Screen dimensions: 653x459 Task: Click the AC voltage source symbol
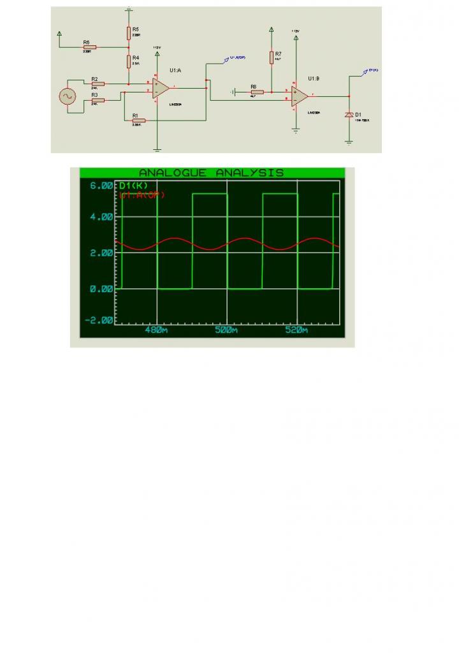pyautogui.click(x=67, y=96)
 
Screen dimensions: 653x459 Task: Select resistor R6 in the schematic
pyautogui.click(x=89, y=47)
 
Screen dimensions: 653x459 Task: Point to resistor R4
pyautogui.click(x=129, y=61)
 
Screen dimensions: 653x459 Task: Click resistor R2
pyautogui.click(x=98, y=84)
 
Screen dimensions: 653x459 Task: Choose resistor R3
pyautogui.click(x=98, y=99)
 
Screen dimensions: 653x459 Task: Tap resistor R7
pyautogui.click(x=272, y=58)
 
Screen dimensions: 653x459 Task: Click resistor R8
pyautogui.click(x=257, y=92)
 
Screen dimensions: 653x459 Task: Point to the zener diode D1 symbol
pyautogui.click(x=349, y=115)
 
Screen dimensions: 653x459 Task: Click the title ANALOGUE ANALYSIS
pyautogui.click(x=211, y=173)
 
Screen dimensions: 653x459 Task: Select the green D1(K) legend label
pyautogui.click(x=133, y=186)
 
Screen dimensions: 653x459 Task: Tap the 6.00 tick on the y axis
pyautogui.click(x=100, y=186)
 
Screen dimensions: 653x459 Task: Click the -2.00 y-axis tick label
pyautogui.click(x=99, y=320)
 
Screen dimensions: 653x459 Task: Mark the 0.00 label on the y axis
pyautogui.click(x=100, y=289)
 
